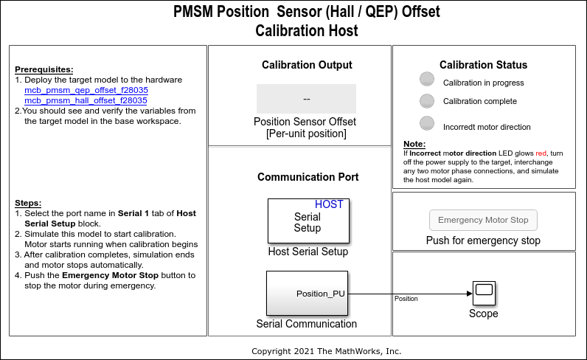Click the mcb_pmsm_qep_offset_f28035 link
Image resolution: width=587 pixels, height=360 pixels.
point(86,90)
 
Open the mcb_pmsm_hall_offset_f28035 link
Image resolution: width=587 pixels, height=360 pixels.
point(86,100)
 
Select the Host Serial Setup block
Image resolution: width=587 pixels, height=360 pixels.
point(308,221)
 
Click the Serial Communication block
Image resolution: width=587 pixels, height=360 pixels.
point(307,293)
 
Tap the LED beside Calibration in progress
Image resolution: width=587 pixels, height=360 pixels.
point(427,80)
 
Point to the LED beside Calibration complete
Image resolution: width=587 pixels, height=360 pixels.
point(427,101)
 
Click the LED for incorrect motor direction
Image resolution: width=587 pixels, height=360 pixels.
point(427,124)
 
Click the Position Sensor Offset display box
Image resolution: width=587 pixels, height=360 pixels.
point(306,99)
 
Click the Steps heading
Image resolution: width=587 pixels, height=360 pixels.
point(28,203)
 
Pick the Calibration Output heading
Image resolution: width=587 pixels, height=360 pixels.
point(307,65)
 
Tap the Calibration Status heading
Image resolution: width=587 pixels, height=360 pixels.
point(483,65)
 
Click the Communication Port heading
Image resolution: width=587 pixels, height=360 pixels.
point(308,177)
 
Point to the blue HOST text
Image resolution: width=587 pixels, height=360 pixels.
point(329,204)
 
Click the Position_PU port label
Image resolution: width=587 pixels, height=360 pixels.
point(320,294)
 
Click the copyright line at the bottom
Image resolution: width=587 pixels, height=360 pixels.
point(326,351)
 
